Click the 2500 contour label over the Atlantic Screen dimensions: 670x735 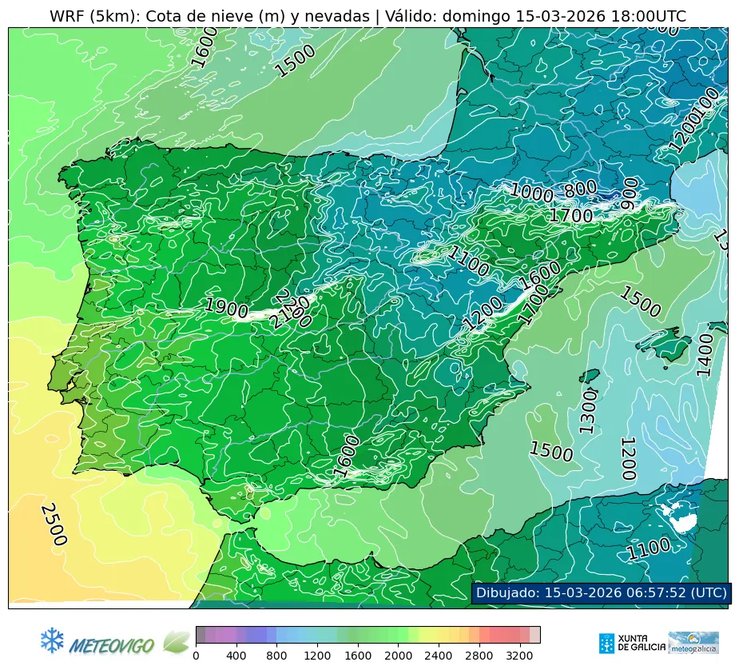54,524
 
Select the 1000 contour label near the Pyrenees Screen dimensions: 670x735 531,192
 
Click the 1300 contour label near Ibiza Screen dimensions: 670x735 588,412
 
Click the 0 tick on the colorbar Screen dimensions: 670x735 196,656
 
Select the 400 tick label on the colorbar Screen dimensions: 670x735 236,656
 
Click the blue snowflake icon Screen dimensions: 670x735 52,640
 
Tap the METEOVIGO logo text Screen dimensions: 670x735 113,644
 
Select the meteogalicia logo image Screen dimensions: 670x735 693,643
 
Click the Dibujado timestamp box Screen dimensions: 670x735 600,592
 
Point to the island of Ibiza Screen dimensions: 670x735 590,377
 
